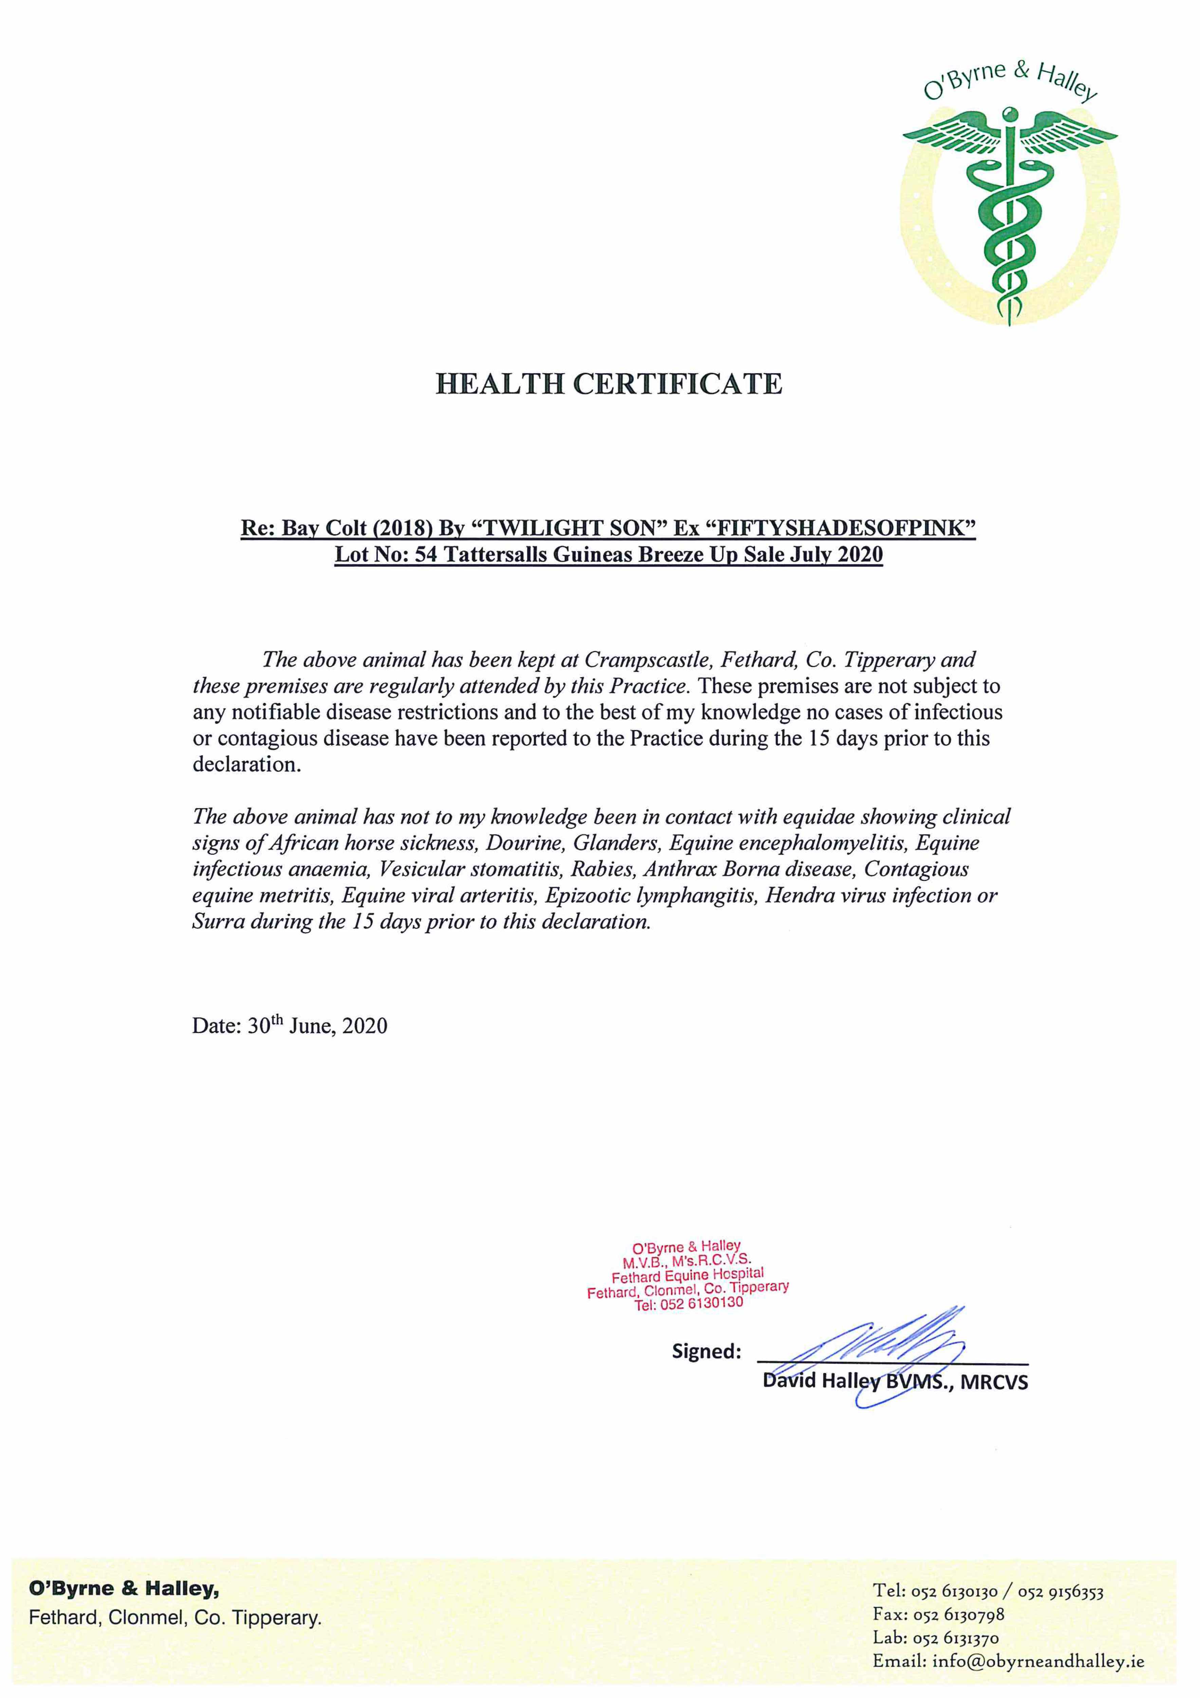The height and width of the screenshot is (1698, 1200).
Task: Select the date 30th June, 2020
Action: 316,1026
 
